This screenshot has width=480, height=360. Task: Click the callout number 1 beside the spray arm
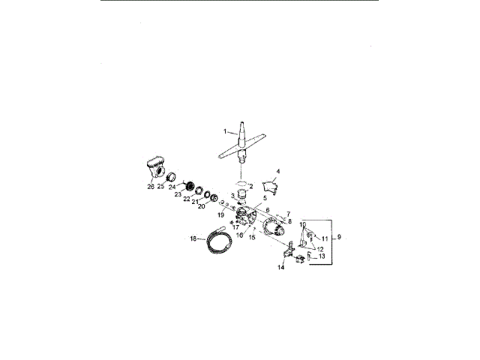pos(223,131)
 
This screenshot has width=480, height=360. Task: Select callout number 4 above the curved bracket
pos(278,171)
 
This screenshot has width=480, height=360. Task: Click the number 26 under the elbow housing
pos(150,187)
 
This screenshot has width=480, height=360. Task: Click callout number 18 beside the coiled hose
pos(193,238)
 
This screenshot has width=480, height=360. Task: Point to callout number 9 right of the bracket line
pos(340,237)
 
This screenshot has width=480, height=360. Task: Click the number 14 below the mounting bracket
pos(282,266)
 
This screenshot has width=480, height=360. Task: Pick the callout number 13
pos(322,256)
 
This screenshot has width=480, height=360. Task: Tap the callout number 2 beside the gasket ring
pos(252,186)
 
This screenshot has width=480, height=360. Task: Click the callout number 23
pos(178,194)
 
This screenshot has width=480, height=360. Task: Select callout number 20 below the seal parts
pos(201,206)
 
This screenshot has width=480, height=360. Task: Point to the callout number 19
pos(220,215)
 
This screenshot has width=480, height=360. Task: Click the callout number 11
pos(325,238)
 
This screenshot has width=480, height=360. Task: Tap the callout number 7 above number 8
pos(288,214)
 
